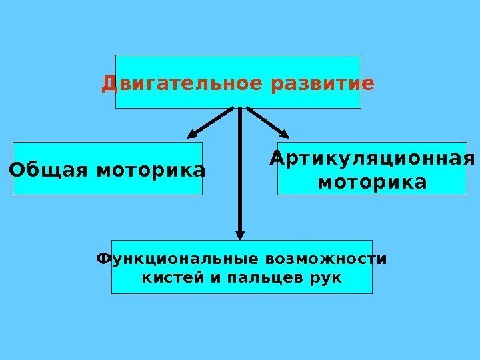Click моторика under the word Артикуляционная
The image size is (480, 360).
point(372,181)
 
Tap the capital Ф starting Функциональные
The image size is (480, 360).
point(103,258)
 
